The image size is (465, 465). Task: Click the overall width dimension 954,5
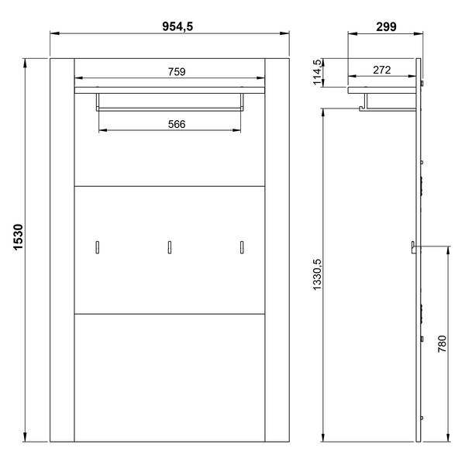pyautogui.click(x=177, y=26)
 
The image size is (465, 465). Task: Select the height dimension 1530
pyautogui.click(x=19, y=237)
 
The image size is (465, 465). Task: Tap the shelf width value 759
pyautogui.click(x=177, y=72)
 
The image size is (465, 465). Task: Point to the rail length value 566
pyautogui.click(x=177, y=124)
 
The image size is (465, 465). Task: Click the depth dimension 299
pyautogui.click(x=386, y=26)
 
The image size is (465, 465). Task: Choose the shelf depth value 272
pyautogui.click(x=382, y=70)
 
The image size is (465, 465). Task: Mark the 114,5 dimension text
pyautogui.click(x=317, y=72)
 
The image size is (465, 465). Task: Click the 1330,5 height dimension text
pyautogui.click(x=317, y=274)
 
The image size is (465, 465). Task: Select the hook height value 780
pyautogui.click(x=443, y=343)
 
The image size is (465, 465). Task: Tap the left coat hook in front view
pyautogui.click(x=98, y=247)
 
